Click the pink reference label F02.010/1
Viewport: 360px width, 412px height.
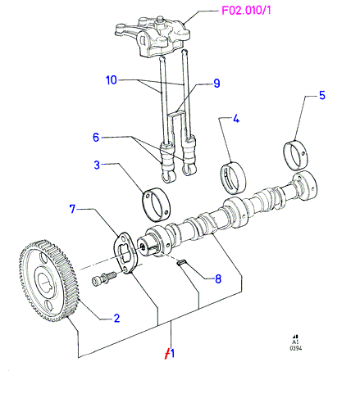click(x=246, y=11)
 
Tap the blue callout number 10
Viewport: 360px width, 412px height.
click(x=112, y=80)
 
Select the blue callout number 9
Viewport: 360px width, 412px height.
click(x=216, y=84)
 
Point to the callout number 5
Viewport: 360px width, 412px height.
click(x=322, y=95)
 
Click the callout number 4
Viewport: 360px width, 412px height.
click(x=236, y=119)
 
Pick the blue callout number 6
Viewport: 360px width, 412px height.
click(x=96, y=138)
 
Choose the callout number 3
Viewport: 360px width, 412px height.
click(x=97, y=165)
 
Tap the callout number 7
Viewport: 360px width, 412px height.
click(x=72, y=209)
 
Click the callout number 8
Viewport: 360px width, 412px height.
click(x=218, y=279)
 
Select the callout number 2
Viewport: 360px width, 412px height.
click(x=116, y=319)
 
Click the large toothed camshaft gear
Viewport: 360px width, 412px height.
click(x=48, y=280)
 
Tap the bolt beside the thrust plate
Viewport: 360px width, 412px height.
click(x=103, y=278)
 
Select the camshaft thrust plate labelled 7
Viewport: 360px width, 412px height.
click(x=125, y=252)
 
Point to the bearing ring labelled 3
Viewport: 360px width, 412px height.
click(x=156, y=204)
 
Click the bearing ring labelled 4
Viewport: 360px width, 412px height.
click(x=233, y=178)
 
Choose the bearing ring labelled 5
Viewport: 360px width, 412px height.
click(x=295, y=154)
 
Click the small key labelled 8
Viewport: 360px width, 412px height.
click(x=181, y=262)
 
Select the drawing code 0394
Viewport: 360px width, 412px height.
click(x=296, y=348)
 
